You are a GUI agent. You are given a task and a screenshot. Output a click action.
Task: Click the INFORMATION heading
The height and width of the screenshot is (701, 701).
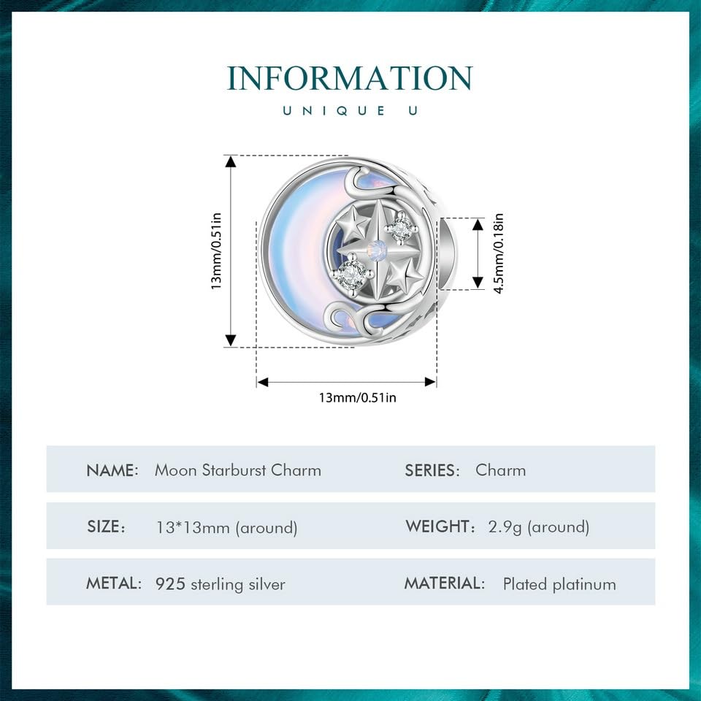tap(350, 78)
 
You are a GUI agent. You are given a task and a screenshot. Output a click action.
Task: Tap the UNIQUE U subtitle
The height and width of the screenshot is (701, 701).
tap(350, 110)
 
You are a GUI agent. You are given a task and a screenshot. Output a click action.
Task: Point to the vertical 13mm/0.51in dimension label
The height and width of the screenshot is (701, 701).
tap(216, 250)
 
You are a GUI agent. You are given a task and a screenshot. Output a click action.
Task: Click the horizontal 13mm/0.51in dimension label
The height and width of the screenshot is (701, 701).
tap(357, 397)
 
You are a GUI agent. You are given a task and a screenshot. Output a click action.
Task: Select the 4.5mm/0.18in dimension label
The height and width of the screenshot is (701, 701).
tap(499, 253)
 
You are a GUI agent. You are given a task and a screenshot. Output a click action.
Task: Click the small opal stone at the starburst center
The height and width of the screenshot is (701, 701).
tap(378, 248)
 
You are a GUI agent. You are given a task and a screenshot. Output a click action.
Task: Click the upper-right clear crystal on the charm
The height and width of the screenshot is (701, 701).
tap(399, 229)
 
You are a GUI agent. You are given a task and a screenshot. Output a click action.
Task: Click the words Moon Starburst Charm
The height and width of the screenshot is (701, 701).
tap(238, 470)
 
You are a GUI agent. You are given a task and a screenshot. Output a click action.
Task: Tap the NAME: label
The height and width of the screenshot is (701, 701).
tap(112, 470)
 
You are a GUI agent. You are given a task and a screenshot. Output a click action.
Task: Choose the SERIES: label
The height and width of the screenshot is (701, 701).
tap(432, 470)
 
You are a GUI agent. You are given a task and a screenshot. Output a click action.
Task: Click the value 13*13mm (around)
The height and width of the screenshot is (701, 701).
tap(226, 527)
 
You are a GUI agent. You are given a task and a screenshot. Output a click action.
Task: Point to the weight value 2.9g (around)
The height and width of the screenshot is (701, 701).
tap(539, 526)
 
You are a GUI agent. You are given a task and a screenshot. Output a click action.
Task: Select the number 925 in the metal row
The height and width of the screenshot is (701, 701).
tap(170, 584)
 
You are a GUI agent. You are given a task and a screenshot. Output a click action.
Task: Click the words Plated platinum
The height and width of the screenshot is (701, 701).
tap(559, 584)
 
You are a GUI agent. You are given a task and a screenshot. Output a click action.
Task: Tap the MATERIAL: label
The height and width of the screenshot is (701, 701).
tap(445, 583)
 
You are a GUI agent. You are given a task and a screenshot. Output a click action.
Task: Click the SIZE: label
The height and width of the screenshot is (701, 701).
tap(106, 526)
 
